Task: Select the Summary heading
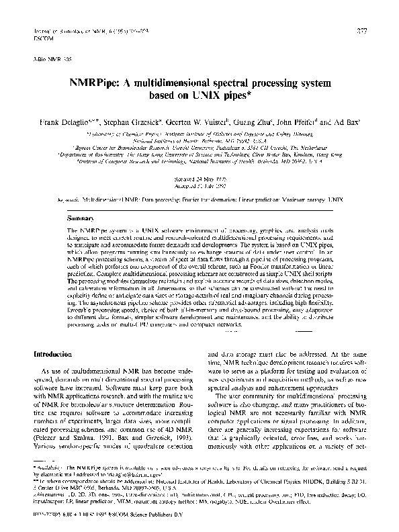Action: click(x=82, y=218)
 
